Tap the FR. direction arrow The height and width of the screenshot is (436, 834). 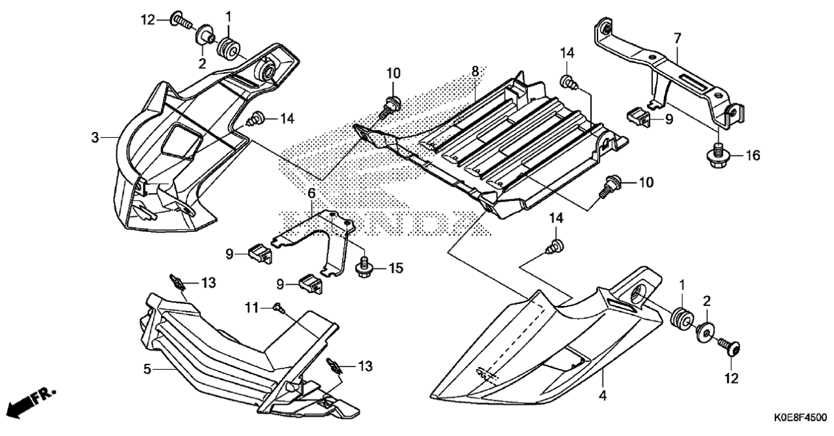(x=32, y=401)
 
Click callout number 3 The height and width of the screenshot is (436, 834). (x=95, y=138)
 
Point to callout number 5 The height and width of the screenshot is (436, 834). (x=147, y=369)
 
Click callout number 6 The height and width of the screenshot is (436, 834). (x=312, y=193)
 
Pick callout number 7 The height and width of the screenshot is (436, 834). (x=677, y=38)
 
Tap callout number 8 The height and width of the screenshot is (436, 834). (x=475, y=72)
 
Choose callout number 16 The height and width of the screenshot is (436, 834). (x=752, y=155)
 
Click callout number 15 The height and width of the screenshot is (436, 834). (x=396, y=268)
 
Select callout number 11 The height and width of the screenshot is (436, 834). (x=252, y=308)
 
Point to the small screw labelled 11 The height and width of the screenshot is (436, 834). (x=278, y=307)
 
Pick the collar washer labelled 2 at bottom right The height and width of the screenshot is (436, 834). (x=704, y=334)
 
